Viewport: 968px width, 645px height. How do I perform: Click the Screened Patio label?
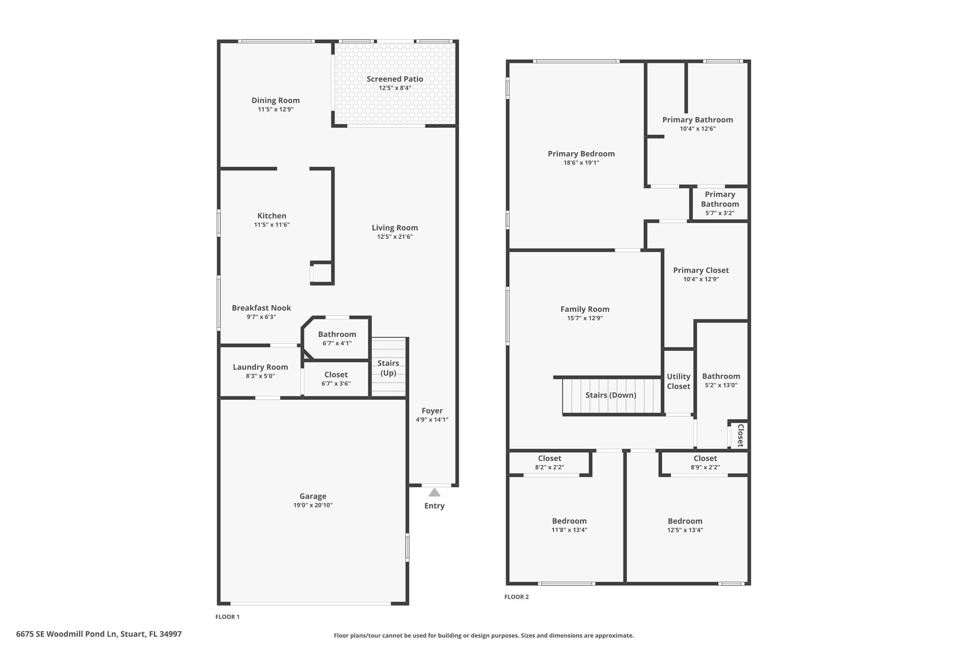pyautogui.click(x=395, y=79)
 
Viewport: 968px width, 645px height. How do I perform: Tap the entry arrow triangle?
pyautogui.click(x=434, y=492)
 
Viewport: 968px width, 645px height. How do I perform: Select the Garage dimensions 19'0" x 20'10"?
pyautogui.click(x=313, y=505)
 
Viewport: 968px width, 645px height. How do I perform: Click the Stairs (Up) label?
pyautogui.click(x=388, y=368)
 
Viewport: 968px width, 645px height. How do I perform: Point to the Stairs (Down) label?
pyautogui.click(x=611, y=395)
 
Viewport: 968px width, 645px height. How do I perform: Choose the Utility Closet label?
pyautogui.click(x=678, y=381)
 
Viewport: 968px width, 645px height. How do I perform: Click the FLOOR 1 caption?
pyautogui.click(x=227, y=617)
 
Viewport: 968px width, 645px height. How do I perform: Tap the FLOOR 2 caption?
pyautogui.click(x=516, y=597)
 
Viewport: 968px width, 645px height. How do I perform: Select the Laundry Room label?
pyautogui.click(x=260, y=367)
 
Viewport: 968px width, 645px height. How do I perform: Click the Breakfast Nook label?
pyautogui.click(x=261, y=308)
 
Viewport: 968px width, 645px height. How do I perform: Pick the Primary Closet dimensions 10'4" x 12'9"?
pyautogui.click(x=701, y=279)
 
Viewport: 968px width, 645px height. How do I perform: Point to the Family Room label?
pyautogui.click(x=585, y=309)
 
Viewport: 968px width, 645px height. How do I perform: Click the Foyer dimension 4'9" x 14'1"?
pyautogui.click(x=432, y=420)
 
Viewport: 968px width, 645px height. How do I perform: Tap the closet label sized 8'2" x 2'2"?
pyautogui.click(x=549, y=458)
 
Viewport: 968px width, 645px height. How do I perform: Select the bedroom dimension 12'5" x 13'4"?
pyautogui.click(x=685, y=530)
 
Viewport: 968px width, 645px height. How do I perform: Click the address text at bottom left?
pyautogui.click(x=99, y=634)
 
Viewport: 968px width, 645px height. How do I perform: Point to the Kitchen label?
pyautogui.click(x=272, y=216)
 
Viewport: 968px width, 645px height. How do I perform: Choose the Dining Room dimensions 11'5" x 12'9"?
pyautogui.click(x=276, y=109)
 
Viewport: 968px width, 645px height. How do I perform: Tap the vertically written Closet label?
pyautogui.click(x=741, y=435)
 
